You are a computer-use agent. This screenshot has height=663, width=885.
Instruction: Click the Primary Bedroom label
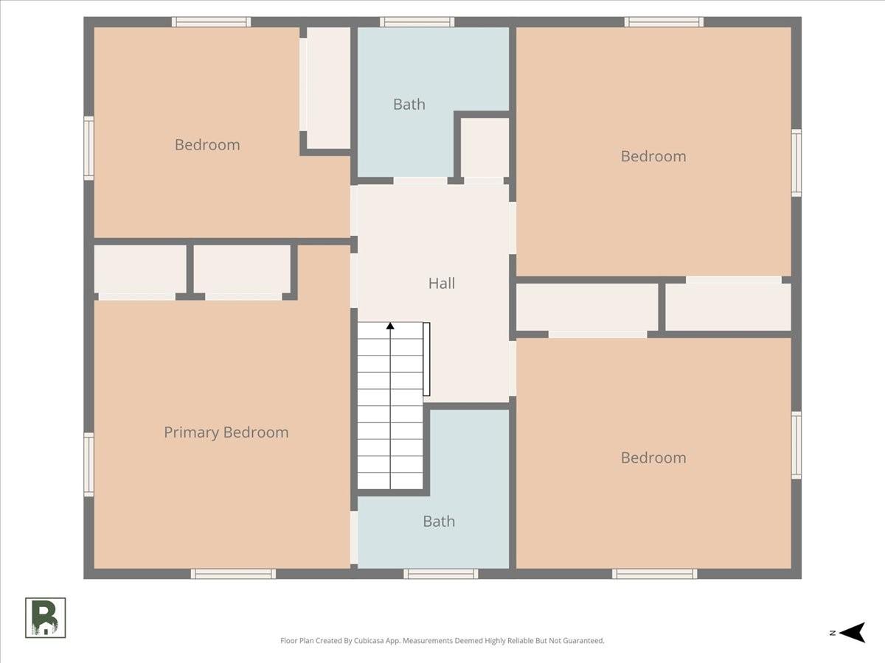tap(226, 432)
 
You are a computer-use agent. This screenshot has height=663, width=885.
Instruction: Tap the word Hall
tap(442, 284)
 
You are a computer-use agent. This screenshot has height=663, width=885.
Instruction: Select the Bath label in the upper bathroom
tap(409, 105)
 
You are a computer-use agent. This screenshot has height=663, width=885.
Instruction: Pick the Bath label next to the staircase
tap(439, 522)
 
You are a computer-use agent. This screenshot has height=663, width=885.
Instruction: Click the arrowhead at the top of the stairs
tap(390, 326)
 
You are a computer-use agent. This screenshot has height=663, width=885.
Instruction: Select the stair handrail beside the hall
tap(426, 359)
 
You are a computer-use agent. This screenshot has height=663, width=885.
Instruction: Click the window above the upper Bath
tap(417, 22)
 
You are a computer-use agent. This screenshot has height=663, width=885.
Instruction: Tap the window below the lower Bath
tap(441, 574)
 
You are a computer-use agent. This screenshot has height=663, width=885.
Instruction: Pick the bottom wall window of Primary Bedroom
tap(234, 574)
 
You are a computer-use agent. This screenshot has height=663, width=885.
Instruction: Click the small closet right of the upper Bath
tap(485, 147)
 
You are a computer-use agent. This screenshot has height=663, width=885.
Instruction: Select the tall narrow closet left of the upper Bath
tap(329, 88)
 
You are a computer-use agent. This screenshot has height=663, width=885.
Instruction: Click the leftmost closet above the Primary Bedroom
tap(140, 270)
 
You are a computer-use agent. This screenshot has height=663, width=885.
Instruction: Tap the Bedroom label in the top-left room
tap(207, 145)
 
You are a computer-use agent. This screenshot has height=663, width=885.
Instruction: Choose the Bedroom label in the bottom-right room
tap(653, 457)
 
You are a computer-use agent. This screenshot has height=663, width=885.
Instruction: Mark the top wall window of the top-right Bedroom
tap(664, 22)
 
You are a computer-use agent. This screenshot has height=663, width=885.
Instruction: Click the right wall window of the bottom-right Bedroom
tap(796, 445)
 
